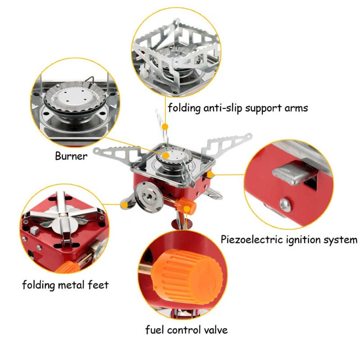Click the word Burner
click(71, 156)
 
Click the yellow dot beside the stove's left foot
click(122, 205)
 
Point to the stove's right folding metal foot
click(211, 195)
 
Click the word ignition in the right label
click(304, 239)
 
